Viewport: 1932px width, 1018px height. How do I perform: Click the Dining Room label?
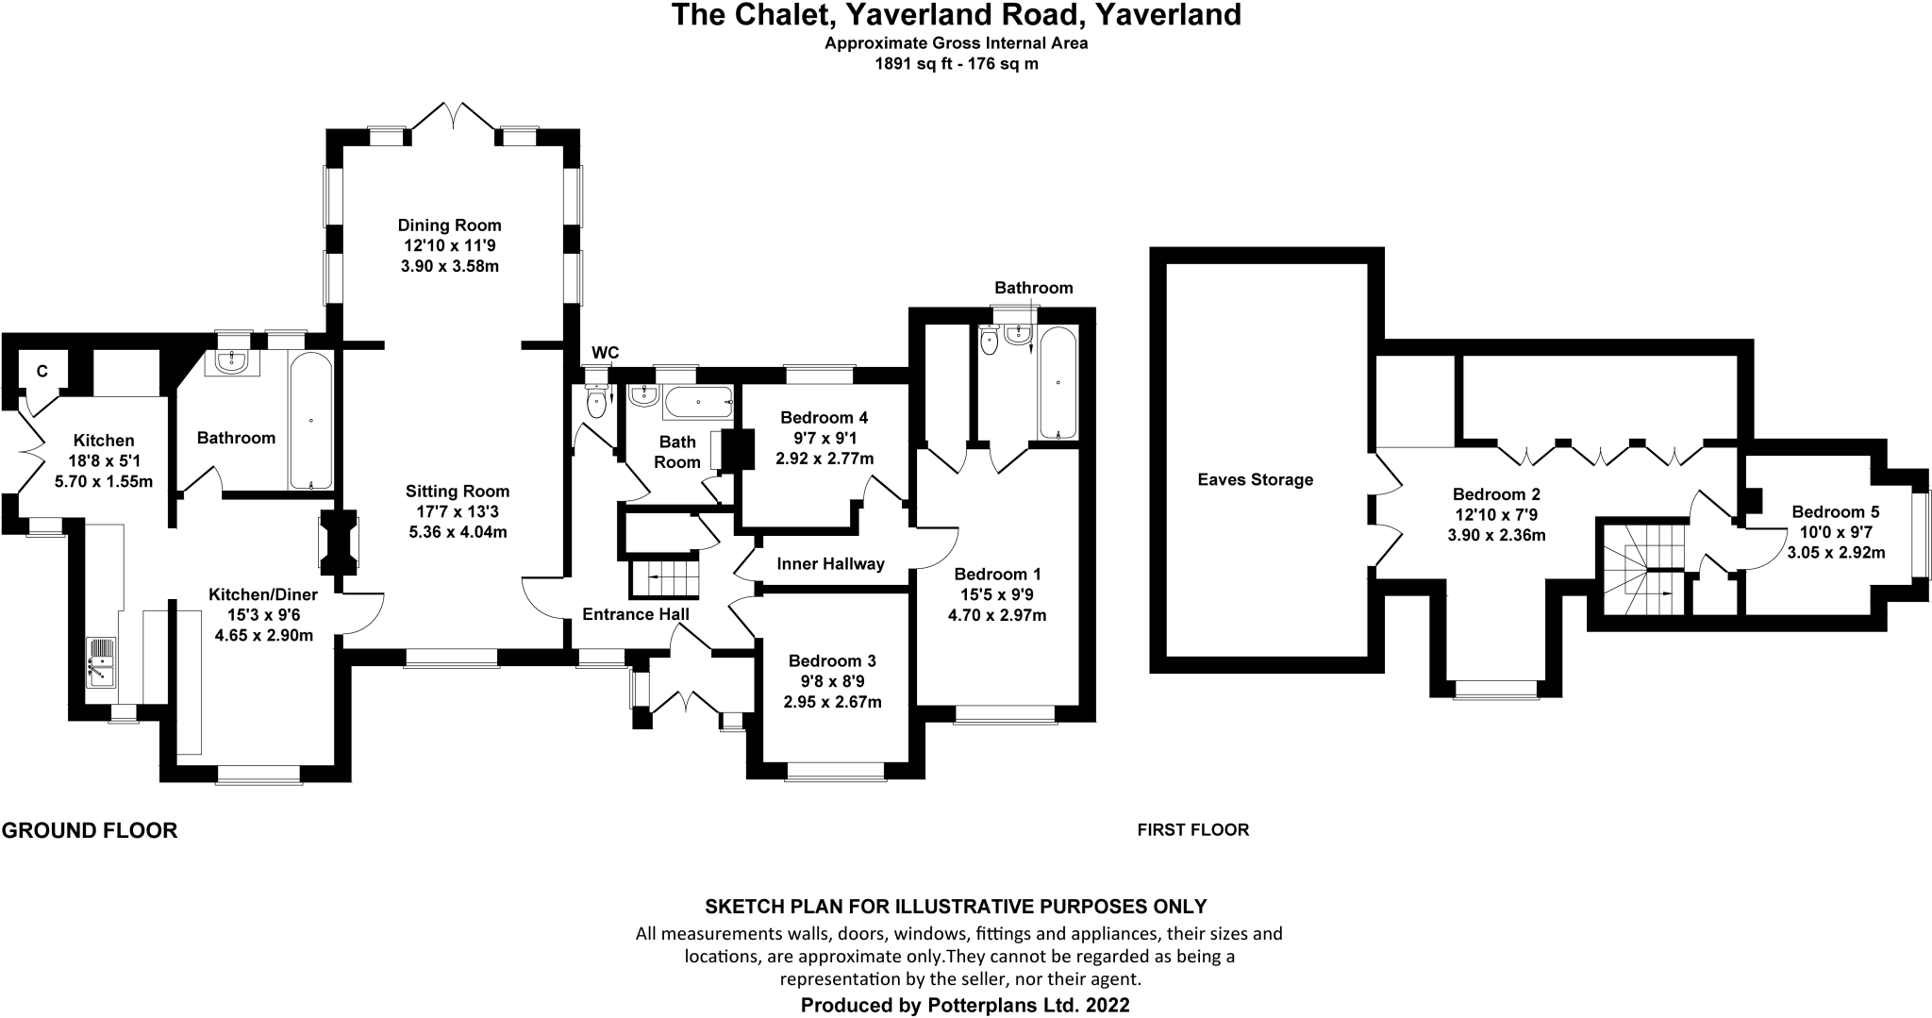(449, 225)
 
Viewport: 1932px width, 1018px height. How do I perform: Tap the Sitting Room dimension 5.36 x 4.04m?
(458, 532)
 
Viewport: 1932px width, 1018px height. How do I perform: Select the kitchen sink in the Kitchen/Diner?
(100, 661)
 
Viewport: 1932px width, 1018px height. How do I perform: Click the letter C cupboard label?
(42, 372)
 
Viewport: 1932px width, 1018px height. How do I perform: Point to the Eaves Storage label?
(1256, 479)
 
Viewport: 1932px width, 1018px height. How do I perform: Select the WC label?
(605, 353)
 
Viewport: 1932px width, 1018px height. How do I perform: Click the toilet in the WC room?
(597, 399)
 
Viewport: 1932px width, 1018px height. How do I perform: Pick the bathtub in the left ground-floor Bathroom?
(311, 420)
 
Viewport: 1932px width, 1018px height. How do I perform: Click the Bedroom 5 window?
(1920, 533)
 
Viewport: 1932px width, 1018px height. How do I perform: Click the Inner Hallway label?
(830, 564)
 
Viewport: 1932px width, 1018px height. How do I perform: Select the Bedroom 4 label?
(824, 418)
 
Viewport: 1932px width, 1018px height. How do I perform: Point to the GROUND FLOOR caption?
(90, 830)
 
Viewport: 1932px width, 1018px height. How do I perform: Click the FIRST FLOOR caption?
(1193, 830)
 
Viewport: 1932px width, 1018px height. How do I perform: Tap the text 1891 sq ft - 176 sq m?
(957, 64)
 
